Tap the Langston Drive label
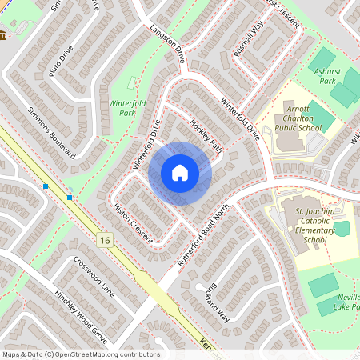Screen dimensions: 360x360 click(166, 43)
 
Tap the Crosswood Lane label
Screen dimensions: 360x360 click(94, 274)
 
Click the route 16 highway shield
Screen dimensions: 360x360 click(105, 240)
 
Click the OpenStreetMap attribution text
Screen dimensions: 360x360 click(81, 354)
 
